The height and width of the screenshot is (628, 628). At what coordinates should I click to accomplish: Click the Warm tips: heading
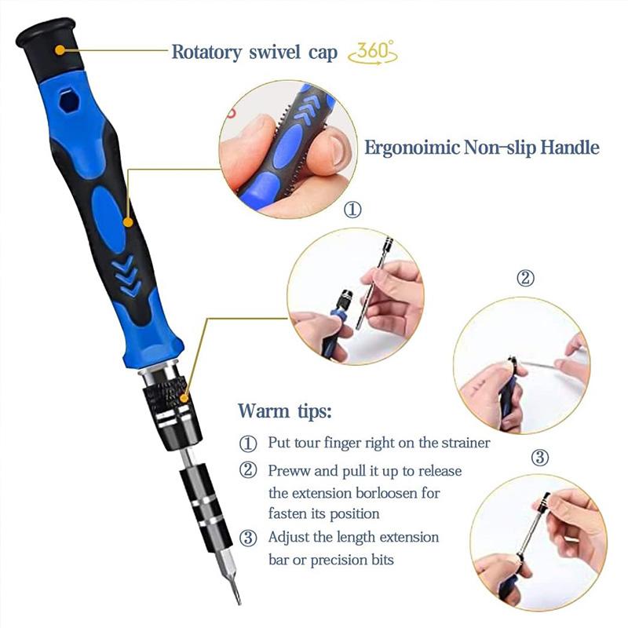coord(285,411)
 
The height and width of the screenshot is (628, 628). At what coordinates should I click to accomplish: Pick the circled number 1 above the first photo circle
coord(354,210)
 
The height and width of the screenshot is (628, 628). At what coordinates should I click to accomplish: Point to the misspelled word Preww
coord(288,471)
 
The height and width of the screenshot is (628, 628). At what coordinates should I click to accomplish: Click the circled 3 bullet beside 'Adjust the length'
coord(248,539)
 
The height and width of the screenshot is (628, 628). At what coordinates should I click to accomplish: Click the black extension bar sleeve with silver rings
coord(204,502)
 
